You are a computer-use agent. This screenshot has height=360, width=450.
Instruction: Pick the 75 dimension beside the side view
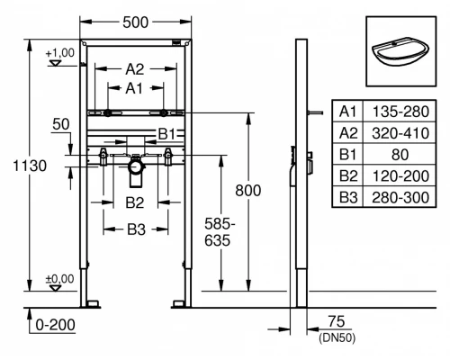tap(337, 321)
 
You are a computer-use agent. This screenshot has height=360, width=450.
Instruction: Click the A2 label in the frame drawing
tap(134, 68)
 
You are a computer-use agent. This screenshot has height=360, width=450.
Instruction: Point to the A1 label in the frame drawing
tap(134, 88)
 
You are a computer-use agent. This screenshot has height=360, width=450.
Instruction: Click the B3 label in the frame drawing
tap(135, 229)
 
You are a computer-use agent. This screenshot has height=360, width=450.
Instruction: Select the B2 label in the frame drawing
tap(135, 202)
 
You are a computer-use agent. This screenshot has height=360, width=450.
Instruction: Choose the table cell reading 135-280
tap(400, 111)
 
